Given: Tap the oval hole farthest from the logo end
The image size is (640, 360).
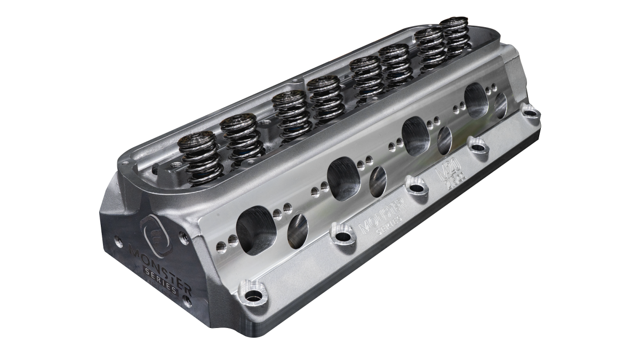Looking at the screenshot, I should point(500,106).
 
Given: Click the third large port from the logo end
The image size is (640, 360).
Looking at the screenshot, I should point(416,135).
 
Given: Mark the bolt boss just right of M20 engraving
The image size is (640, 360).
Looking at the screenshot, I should point(478,147).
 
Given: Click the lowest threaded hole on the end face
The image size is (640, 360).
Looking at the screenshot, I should point(187,301).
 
